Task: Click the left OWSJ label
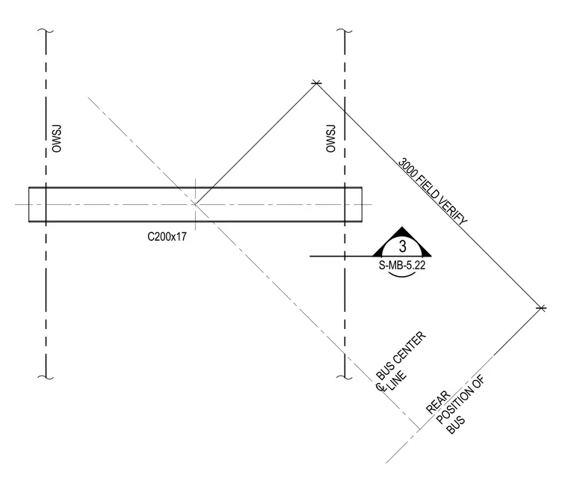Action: [57, 138]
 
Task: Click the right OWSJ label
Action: [331, 138]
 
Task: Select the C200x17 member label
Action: [167, 236]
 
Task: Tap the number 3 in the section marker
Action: [402, 246]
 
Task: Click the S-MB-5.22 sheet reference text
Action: [402, 265]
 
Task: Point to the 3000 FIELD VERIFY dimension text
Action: [433, 192]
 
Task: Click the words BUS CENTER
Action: [401, 356]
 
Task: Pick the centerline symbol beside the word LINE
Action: [380, 388]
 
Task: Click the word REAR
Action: [438, 402]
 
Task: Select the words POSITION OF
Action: [460, 400]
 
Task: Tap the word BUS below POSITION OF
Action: [456, 425]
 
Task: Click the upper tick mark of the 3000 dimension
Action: [317, 83]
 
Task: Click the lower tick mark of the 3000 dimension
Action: [541, 308]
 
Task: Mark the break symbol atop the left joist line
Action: [46, 31]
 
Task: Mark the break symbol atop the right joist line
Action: [345, 31]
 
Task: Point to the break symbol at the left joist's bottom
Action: [46, 377]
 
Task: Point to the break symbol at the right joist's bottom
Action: [345, 377]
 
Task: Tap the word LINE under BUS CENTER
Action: [398, 381]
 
